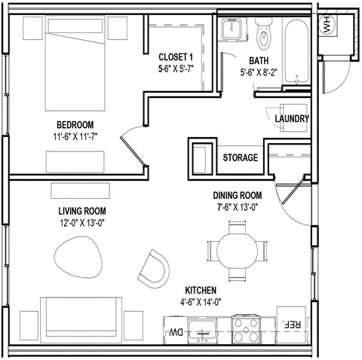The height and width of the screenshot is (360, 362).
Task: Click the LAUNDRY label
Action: click(292, 119)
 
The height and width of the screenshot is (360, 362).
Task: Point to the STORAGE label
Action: click(241, 158)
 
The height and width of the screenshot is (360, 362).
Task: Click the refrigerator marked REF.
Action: click(291, 324)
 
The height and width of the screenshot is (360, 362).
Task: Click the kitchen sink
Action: click(202, 329)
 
